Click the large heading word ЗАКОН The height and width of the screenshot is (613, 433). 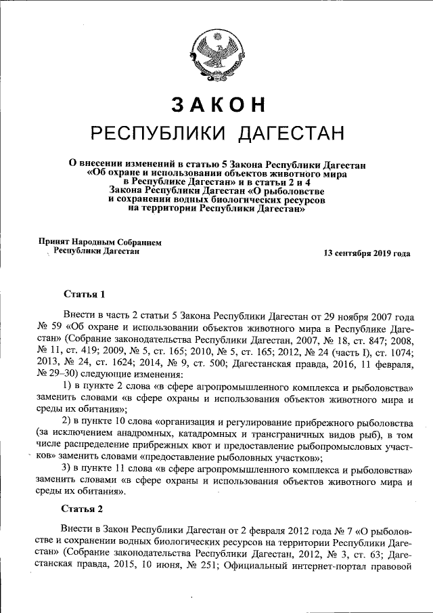[x=217, y=104]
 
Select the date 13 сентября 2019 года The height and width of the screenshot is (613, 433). [x=367, y=254]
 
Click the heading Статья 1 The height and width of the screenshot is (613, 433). [x=84, y=295]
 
